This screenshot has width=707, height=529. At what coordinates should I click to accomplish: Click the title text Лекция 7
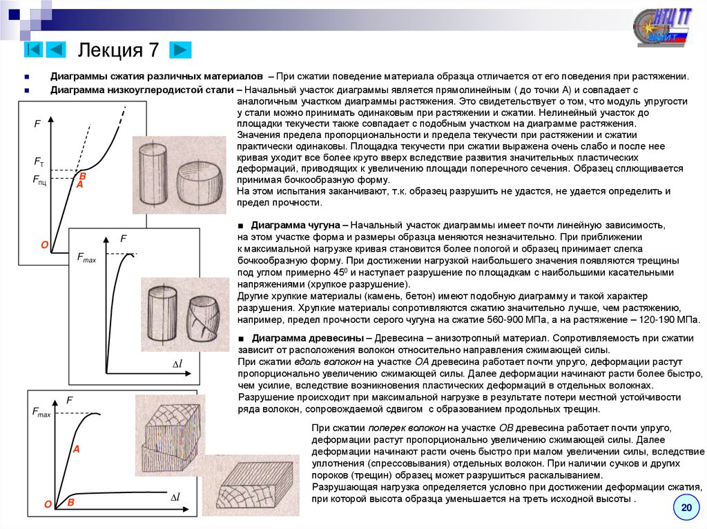[x=119, y=50]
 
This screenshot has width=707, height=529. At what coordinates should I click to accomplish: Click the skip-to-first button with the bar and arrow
[x=35, y=50]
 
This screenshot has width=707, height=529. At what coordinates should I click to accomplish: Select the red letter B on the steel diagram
[x=82, y=177]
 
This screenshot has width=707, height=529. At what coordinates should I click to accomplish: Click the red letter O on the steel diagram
[x=44, y=245]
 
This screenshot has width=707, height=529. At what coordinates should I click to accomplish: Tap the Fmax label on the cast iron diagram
[x=86, y=258]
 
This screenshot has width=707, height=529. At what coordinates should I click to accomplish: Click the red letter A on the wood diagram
[x=77, y=449]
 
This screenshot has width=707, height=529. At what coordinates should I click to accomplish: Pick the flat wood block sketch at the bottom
[x=251, y=486]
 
